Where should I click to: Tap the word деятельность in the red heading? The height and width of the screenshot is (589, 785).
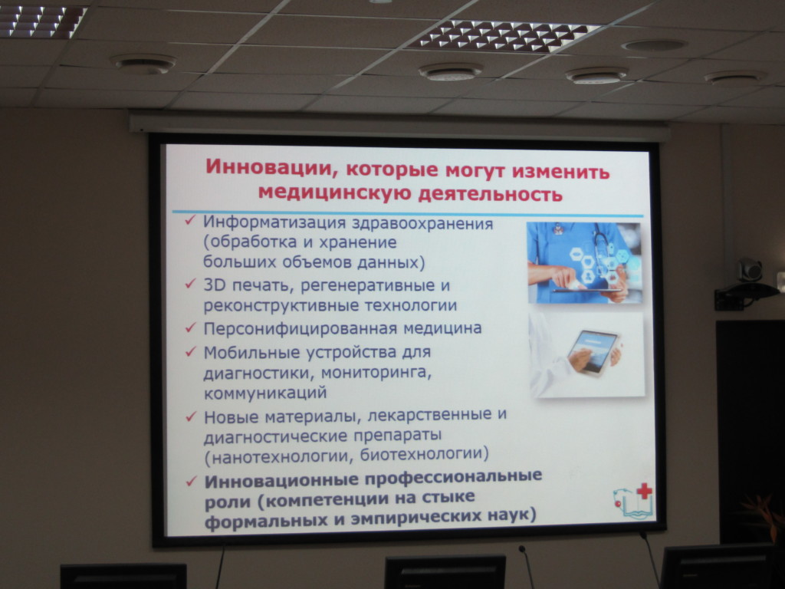(x=490, y=194)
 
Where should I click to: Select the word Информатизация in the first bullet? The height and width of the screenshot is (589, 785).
(x=274, y=223)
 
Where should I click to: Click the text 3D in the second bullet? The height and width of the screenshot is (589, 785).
(x=215, y=285)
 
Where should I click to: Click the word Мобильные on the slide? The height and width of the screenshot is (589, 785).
(x=251, y=353)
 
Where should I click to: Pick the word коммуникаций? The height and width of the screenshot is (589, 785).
(x=265, y=393)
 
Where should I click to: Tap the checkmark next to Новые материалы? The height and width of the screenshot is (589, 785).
(x=191, y=416)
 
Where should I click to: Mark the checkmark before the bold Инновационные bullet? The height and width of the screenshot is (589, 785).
(x=191, y=482)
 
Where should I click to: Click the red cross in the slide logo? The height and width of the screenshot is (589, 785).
(x=644, y=491)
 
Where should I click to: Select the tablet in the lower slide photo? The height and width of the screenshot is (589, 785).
(x=593, y=351)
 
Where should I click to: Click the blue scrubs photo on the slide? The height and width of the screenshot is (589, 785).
(x=584, y=263)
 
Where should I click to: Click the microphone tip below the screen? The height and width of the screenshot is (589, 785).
(x=522, y=549)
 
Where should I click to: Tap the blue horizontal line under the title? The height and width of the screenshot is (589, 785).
(x=408, y=214)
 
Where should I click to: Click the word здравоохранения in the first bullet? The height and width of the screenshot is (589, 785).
(x=422, y=224)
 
